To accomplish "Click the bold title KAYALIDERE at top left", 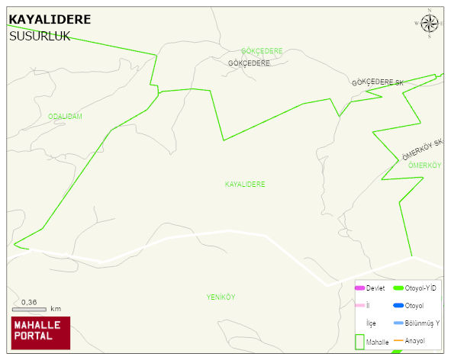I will [x=49, y=20].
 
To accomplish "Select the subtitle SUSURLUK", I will [x=39, y=35].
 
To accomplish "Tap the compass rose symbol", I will [x=430, y=24].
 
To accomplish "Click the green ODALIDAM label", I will [x=65, y=117].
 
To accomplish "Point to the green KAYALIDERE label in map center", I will [x=245, y=185].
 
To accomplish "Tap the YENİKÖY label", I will [x=221, y=297].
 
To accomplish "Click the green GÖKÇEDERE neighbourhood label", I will [x=262, y=51].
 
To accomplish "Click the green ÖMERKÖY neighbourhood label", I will [x=425, y=166].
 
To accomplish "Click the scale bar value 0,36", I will [x=29, y=302].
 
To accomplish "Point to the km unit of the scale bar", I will [x=56, y=310].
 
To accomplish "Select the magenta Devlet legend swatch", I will [x=359, y=288].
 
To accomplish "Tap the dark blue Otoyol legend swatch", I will [x=398, y=306].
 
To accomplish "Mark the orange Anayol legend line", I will [x=398, y=339].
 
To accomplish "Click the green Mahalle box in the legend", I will [x=359, y=342].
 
